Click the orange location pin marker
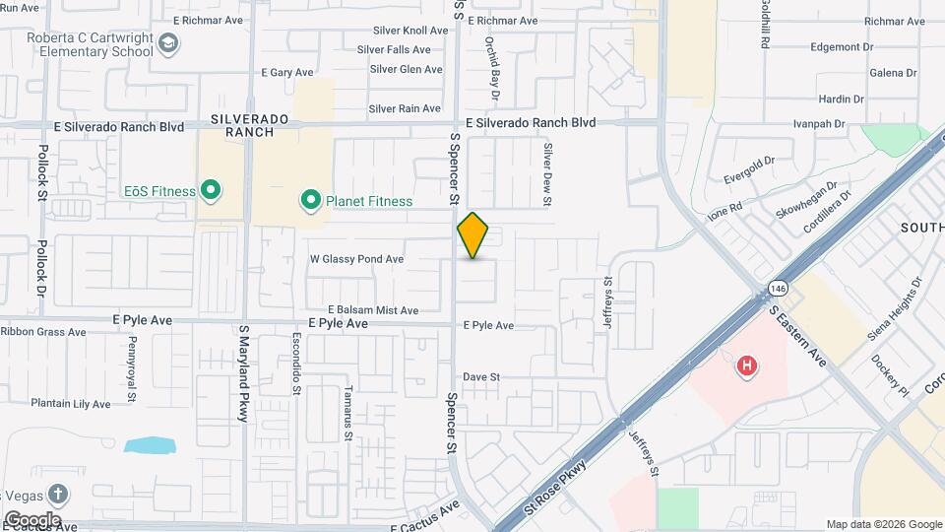coord(473,235)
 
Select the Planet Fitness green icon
coord(311,202)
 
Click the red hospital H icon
coord(747,366)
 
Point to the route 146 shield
coord(779,288)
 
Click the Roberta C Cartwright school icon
coord(168,43)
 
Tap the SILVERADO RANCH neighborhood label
coord(250,125)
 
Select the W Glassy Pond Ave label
coord(356,259)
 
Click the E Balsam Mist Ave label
coord(373,310)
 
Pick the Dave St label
coord(482,377)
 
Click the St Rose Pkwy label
coord(557,487)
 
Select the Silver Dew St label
coord(548,174)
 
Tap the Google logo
coord(31,519)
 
